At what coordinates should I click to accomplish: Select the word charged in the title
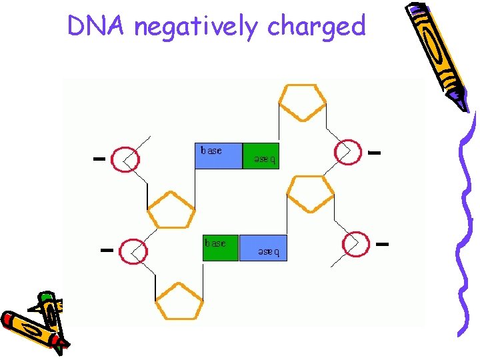tap(316, 27)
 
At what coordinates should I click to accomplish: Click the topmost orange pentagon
tap(302, 101)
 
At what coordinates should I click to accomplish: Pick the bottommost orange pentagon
tap(179, 301)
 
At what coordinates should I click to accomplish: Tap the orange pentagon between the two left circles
tap(171, 211)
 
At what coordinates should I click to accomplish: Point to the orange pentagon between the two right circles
tap(309, 193)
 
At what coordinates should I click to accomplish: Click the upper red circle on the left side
tap(125, 159)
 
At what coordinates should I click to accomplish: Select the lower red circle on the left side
tap(133, 251)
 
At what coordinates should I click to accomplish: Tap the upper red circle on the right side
tap(347, 152)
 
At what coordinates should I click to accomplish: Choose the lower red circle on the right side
tap(355, 243)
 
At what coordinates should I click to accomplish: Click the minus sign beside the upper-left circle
tap(99, 159)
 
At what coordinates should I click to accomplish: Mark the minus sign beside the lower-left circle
tap(105, 250)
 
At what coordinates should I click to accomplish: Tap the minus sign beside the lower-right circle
tap(382, 244)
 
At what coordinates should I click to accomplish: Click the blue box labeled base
tap(218, 155)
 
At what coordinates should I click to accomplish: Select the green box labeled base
tap(220, 247)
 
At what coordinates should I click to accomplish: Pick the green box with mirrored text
tap(261, 155)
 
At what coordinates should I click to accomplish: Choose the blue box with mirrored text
tap(263, 247)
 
